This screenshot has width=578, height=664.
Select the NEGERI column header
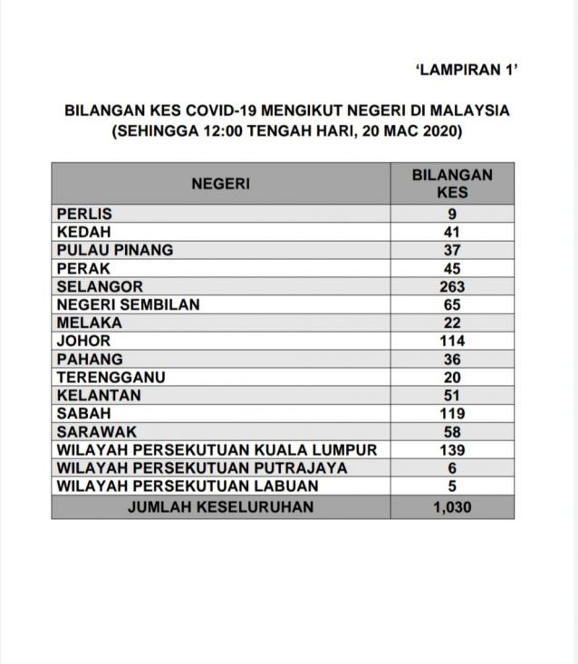pyautogui.click(x=220, y=184)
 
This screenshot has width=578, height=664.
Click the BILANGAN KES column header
pyautogui.click(x=452, y=184)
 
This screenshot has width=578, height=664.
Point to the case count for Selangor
pyautogui.click(x=452, y=286)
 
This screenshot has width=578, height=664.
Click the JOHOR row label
pyautogui.click(x=83, y=341)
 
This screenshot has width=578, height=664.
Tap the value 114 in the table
pyautogui.click(x=452, y=341)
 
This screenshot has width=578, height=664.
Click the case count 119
pyautogui.click(x=452, y=413)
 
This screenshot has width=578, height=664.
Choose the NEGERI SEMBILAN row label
pyautogui.click(x=128, y=304)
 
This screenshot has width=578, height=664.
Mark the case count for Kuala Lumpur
pyautogui.click(x=452, y=449)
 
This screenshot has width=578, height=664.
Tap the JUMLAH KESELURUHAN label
pyautogui.click(x=220, y=506)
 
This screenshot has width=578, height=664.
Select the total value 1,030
pyautogui.click(x=452, y=506)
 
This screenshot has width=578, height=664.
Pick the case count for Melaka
pyautogui.click(x=452, y=322)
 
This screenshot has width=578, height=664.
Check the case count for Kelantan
pyautogui.click(x=452, y=395)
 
